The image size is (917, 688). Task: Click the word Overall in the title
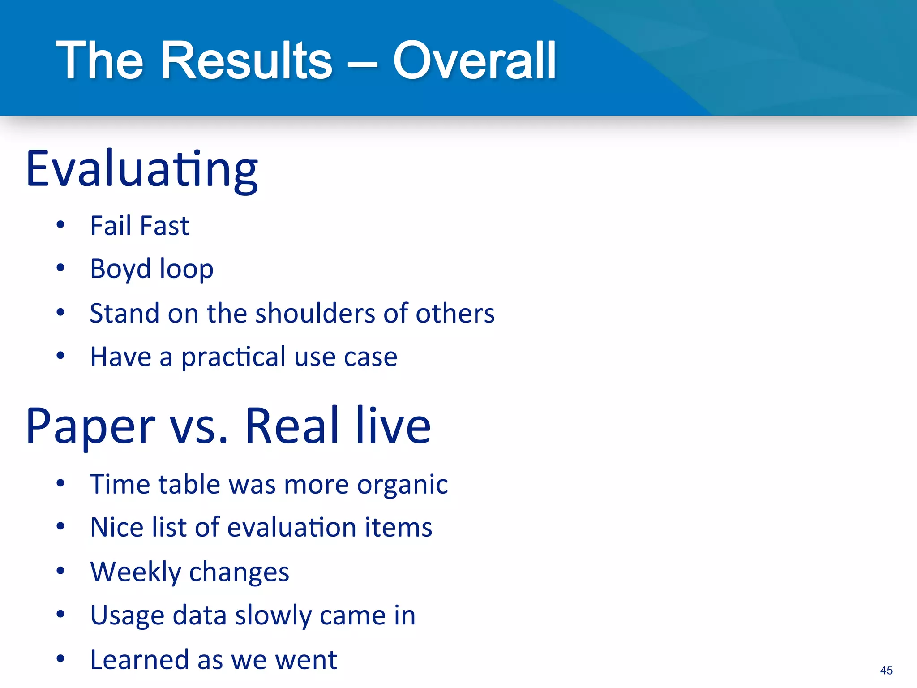(x=475, y=60)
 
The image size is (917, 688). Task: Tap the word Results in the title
(x=246, y=60)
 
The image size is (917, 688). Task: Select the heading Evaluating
(x=141, y=170)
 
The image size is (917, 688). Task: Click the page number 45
(x=886, y=670)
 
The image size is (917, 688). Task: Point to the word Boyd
(x=120, y=269)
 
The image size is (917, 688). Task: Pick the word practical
(x=233, y=357)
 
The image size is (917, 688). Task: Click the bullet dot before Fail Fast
(x=60, y=225)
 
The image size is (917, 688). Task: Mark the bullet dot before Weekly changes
(x=60, y=571)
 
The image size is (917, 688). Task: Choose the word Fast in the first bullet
(x=165, y=225)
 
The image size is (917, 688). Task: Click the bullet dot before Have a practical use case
(x=60, y=356)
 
